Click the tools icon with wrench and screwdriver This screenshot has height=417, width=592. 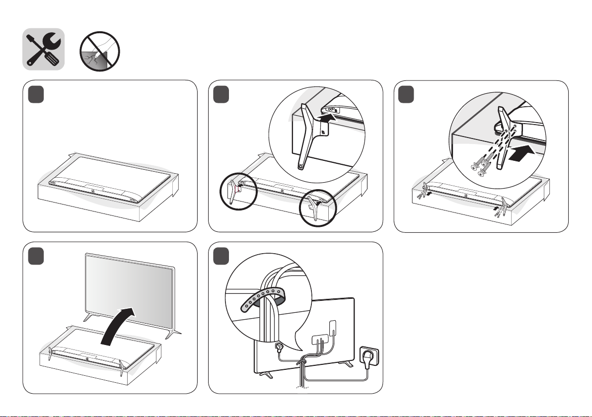point(44,49)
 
